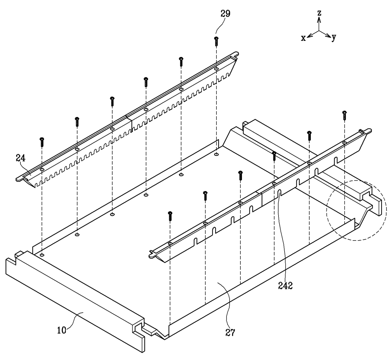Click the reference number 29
(x=226, y=14)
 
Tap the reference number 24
(x=21, y=158)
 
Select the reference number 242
(x=285, y=286)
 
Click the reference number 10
(x=62, y=330)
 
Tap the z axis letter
(x=319, y=13)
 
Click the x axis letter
(x=303, y=38)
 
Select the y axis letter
(x=334, y=37)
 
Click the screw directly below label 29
(x=216, y=41)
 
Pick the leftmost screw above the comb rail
(x=42, y=142)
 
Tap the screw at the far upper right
(x=344, y=115)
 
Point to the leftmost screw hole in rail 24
(x=42, y=169)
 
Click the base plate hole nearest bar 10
(x=42, y=255)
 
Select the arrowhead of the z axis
(x=319, y=19)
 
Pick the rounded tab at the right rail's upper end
(x=368, y=130)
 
